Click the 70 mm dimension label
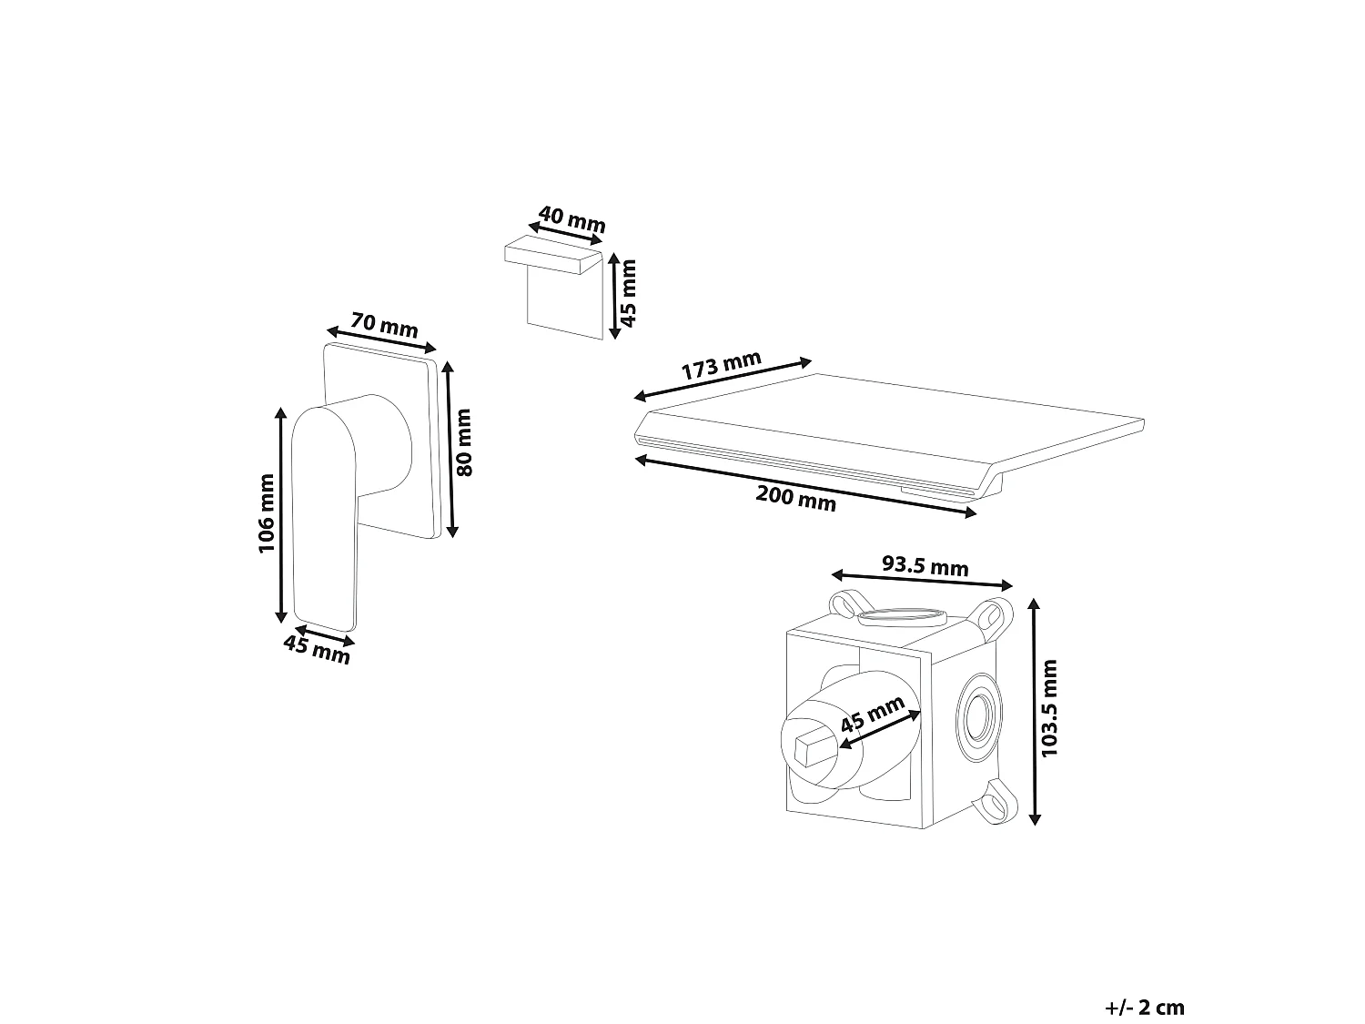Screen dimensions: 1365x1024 pyautogui.click(x=384, y=325)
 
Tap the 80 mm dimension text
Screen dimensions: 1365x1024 pyautogui.click(x=464, y=442)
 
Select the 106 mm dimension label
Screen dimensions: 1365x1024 pyautogui.click(x=266, y=513)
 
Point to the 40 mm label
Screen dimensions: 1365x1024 pyautogui.click(x=571, y=218)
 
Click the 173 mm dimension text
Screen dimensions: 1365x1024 pyautogui.click(x=722, y=365)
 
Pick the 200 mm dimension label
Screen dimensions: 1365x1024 pyautogui.click(x=796, y=498)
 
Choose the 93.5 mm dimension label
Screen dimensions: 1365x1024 pyautogui.click(x=925, y=565)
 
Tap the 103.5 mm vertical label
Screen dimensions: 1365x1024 pyautogui.click(x=1049, y=708)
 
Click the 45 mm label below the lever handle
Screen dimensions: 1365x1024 pyautogui.click(x=317, y=650)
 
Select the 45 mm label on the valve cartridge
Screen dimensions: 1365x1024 pyautogui.click(x=872, y=714)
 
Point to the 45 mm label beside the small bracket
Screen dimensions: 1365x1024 pyautogui.click(x=629, y=293)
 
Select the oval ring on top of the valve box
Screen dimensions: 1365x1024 pyautogui.click(x=902, y=617)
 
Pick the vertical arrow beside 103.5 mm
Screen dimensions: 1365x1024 pyautogui.click(x=1034, y=712)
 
